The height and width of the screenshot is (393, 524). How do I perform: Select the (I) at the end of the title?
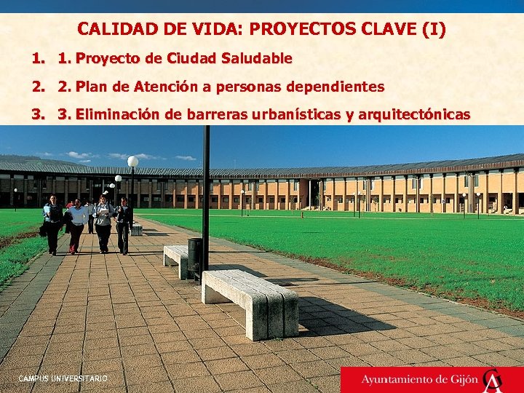[x=434, y=30]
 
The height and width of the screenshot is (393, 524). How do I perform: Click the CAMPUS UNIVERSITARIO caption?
[x=63, y=378]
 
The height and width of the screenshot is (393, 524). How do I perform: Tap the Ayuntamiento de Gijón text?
[x=419, y=379]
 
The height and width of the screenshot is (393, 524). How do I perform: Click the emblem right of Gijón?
[x=493, y=379]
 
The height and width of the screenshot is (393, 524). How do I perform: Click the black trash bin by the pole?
[x=195, y=257]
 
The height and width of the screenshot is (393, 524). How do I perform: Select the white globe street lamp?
[x=132, y=162]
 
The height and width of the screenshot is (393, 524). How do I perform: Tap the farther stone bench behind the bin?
[x=176, y=258]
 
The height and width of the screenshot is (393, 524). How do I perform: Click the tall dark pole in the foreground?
[x=206, y=196]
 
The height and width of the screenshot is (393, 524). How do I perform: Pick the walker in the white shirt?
[x=77, y=222]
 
